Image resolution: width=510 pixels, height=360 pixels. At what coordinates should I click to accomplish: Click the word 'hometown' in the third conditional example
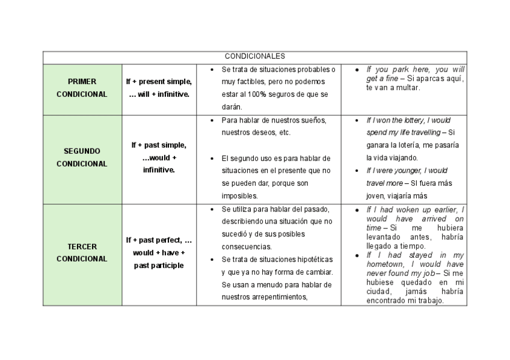385,264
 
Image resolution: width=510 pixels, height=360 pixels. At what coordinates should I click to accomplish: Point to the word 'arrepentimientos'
278,296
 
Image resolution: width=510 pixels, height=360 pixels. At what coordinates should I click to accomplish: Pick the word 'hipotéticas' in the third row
310,259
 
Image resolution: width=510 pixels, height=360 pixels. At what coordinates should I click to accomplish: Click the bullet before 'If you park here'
358,69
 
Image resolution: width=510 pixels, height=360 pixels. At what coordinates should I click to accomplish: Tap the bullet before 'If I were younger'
358,171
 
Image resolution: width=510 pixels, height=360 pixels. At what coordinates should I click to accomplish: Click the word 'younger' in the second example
407,171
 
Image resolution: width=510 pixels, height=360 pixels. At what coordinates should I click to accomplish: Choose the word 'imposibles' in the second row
239,196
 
